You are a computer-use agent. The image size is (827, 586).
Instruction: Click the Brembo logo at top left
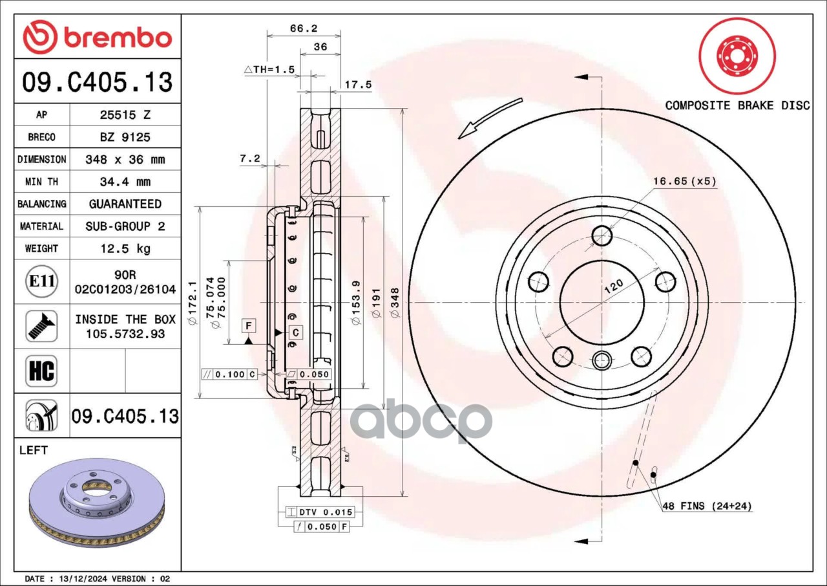coord(97,38)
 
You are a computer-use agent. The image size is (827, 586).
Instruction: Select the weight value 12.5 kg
coord(125,248)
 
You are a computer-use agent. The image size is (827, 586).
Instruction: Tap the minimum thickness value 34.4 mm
coord(125,182)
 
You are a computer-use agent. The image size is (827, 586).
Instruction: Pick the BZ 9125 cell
coord(125,137)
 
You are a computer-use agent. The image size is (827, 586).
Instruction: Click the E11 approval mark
coord(41,281)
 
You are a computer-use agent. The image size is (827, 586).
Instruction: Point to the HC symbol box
coord(41,371)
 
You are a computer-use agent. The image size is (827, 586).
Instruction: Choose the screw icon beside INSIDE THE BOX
coord(41,326)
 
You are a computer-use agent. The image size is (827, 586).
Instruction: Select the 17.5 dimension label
coord(358,84)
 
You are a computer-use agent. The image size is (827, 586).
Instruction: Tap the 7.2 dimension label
coord(249,158)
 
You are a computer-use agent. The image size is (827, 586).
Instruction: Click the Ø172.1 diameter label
coord(192,303)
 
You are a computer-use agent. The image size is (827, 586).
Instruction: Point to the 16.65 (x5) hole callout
coord(684,181)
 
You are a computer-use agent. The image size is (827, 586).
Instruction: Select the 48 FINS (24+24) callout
coord(707,506)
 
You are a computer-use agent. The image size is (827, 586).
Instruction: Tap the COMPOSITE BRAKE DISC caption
coord(737,105)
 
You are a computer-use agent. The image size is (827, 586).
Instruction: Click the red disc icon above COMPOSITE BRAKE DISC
coord(737,56)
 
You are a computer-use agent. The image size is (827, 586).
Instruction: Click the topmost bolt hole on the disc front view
coord(602,235)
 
